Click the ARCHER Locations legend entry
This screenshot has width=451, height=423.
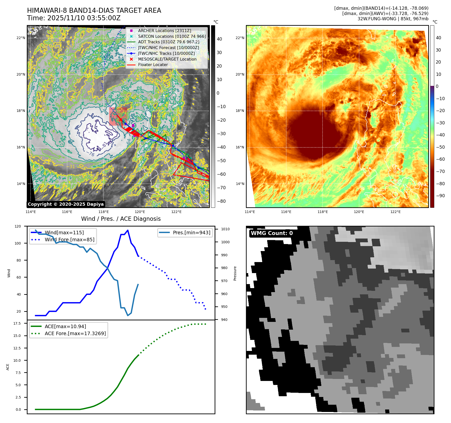tap(165, 31)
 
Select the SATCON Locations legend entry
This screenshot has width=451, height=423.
tap(172, 36)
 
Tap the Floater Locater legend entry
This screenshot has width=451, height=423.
tap(153, 65)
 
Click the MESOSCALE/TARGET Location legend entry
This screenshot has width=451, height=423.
tap(167, 59)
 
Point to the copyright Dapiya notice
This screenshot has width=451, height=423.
tap(66, 204)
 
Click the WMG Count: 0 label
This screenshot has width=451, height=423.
tap(272, 233)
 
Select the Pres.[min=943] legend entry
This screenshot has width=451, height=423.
tap(191, 233)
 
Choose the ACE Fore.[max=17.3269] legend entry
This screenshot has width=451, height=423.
tap(75, 333)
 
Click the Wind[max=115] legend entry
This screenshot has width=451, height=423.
tap(64, 233)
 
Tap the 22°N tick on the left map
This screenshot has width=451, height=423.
tap(21, 38)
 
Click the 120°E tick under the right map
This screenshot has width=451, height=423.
tap(359, 212)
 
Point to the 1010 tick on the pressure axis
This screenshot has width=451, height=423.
tap(225, 229)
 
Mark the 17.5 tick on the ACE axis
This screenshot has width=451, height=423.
tap(17, 323)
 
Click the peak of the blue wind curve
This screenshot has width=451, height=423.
tap(128, 230)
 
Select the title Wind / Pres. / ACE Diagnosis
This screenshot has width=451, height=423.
tap(121, 219)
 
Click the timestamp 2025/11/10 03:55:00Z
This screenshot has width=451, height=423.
tap(84, 18)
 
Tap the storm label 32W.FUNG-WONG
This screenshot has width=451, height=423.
tap(377, 19)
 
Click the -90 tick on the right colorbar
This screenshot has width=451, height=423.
tap(440, 196)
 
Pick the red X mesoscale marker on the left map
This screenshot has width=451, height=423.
tap(120, 119)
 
